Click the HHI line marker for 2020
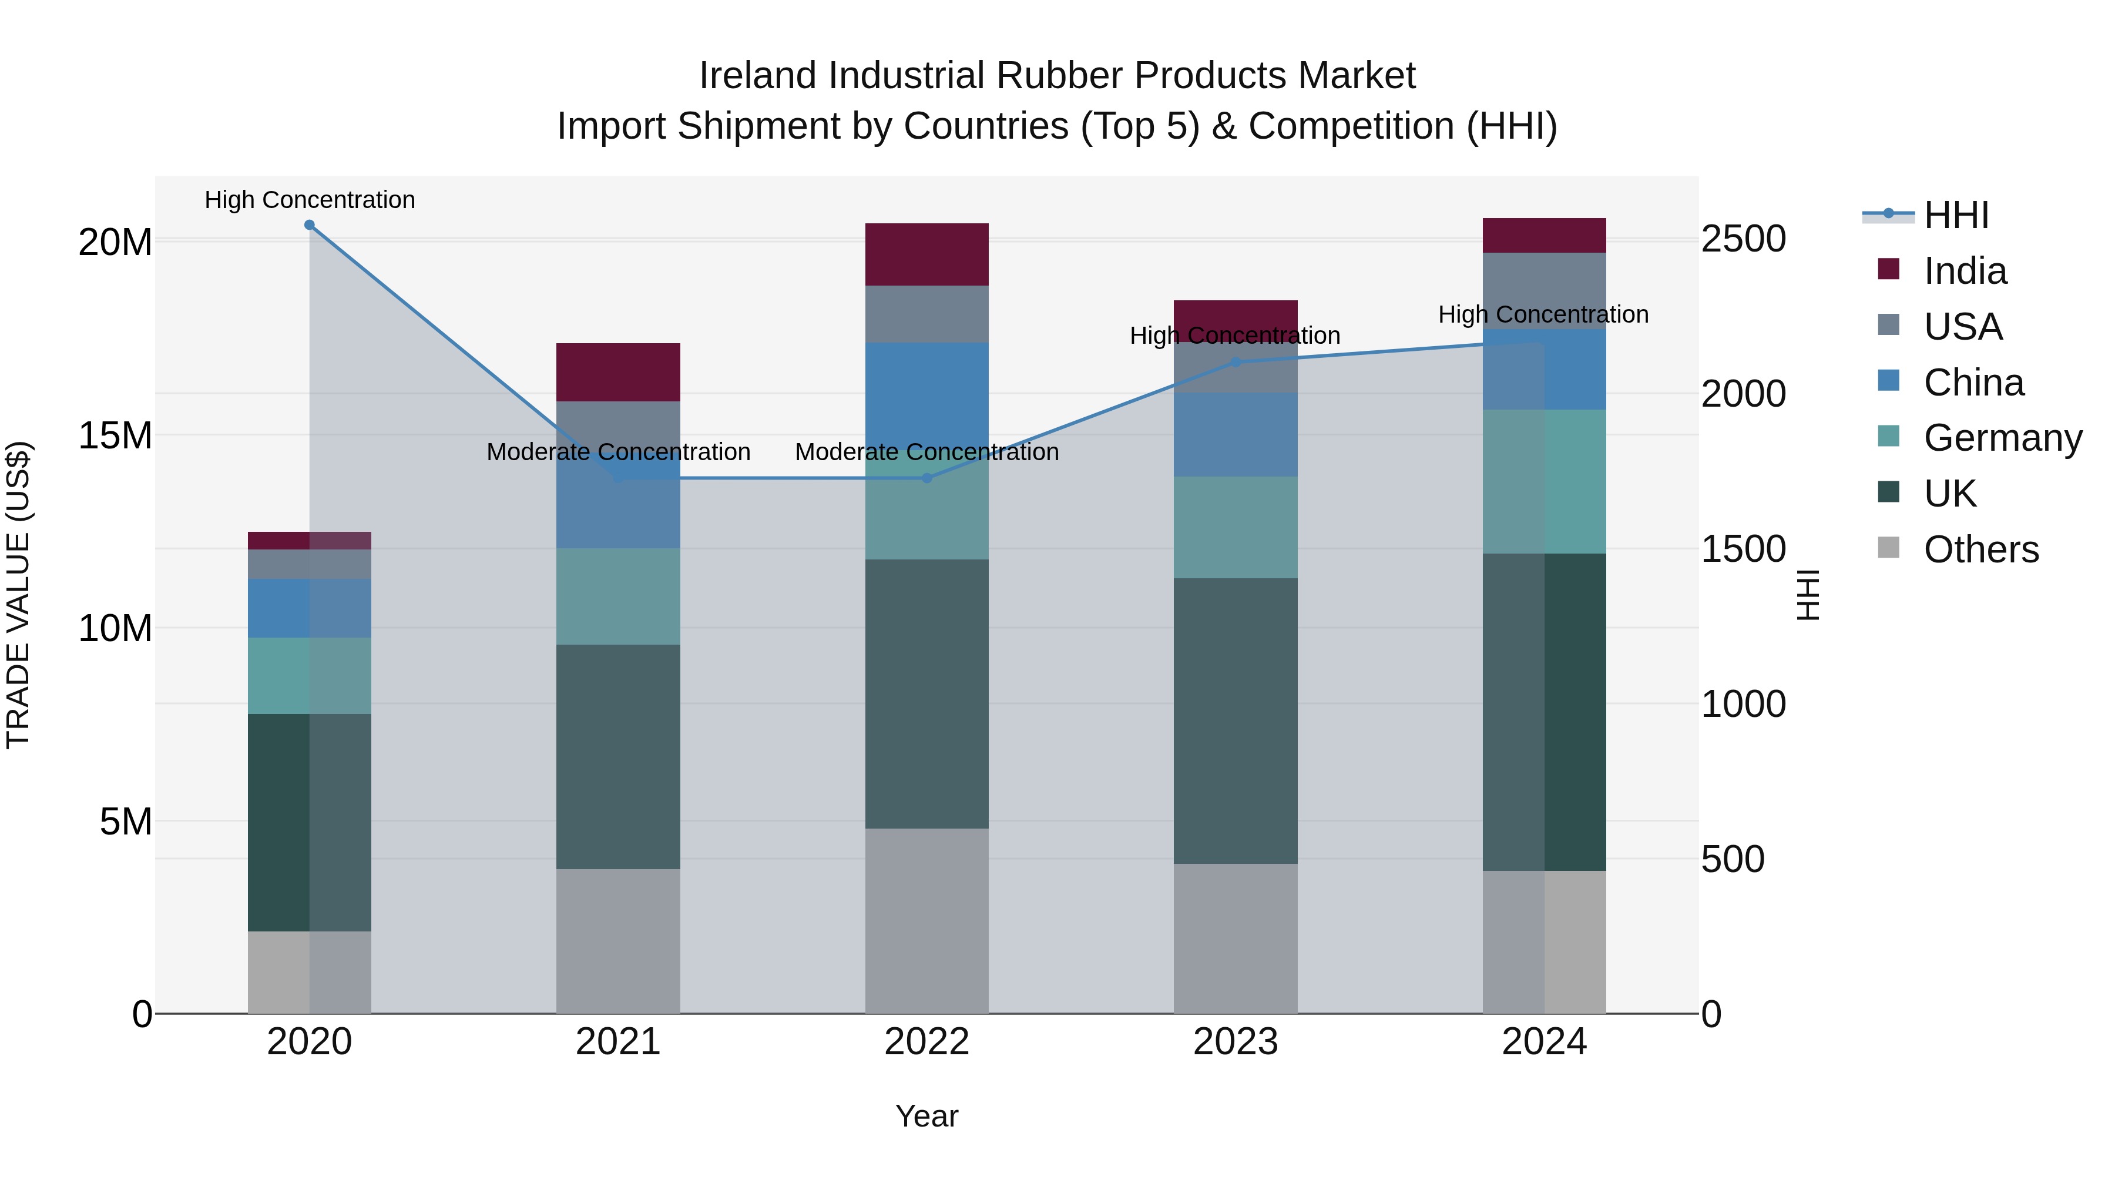[310, 225]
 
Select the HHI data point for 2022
[927, 478]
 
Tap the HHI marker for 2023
[1236, 362]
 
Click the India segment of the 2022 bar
[927, 254]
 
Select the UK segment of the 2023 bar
[1236, 721]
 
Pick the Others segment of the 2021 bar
[618, 941]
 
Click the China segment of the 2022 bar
[927, 394]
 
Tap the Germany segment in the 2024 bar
[1545, 482]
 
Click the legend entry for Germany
[2003, 438]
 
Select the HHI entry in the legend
[1956, 215]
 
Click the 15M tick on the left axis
[115, 435]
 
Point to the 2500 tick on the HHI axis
[1743, 239]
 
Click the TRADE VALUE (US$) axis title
[19, 595]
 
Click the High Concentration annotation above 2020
[310, 200]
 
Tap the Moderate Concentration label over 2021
[618, 452]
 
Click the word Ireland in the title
[758, 76]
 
